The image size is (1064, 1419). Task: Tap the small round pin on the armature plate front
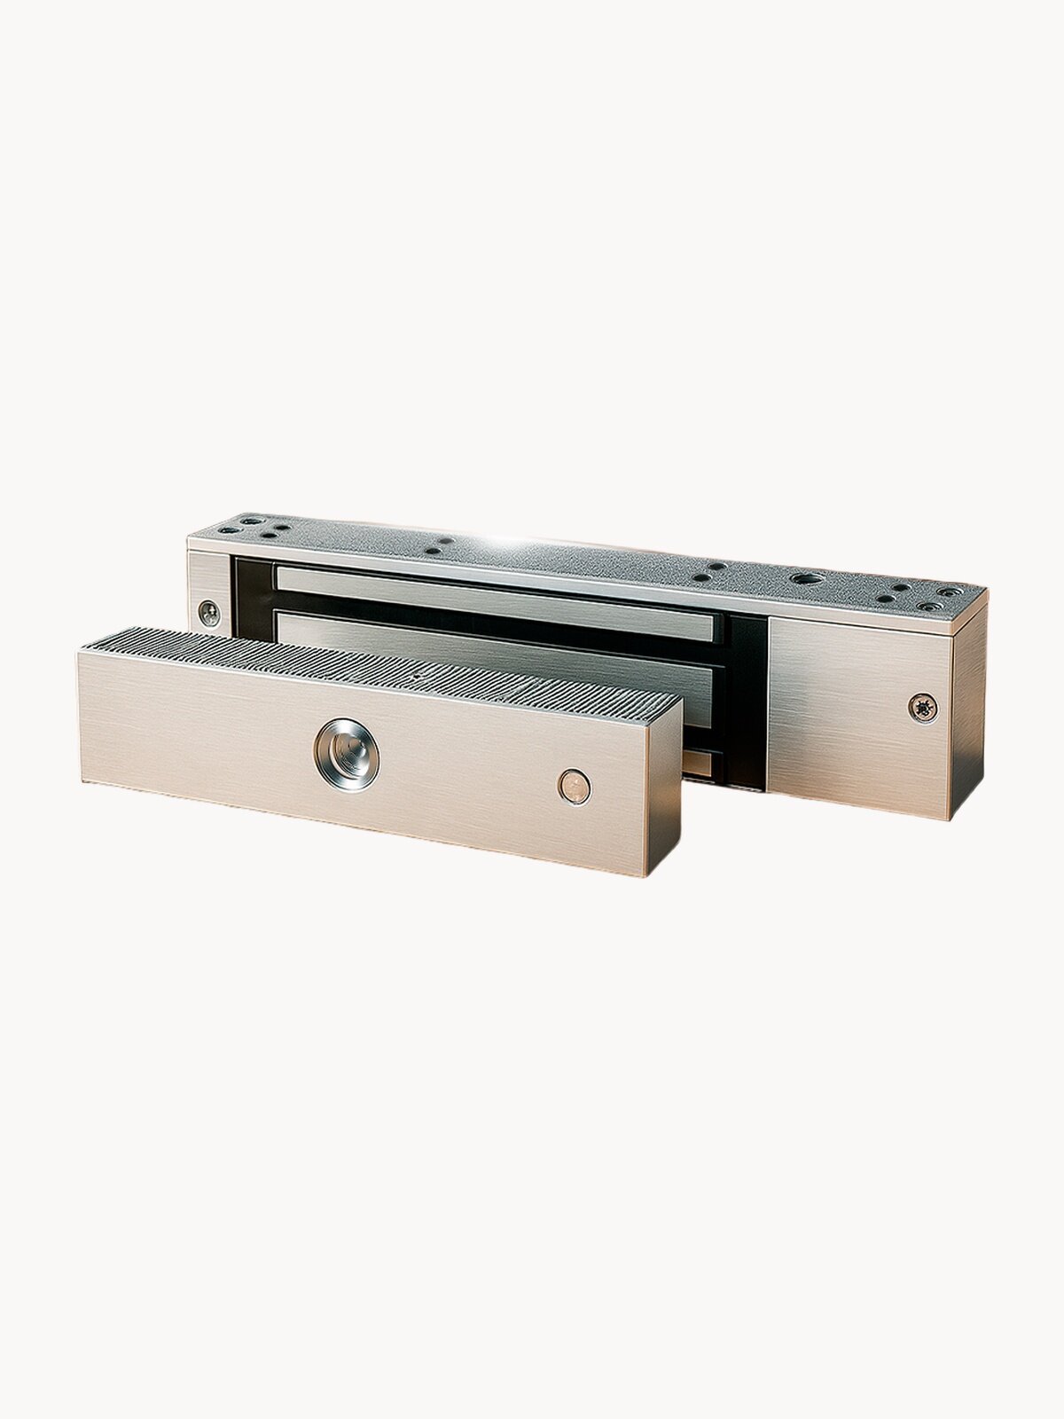click(574, 786)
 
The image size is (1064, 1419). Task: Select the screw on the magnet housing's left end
click(209, 613)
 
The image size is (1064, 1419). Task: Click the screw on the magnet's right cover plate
click(922, 707)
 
